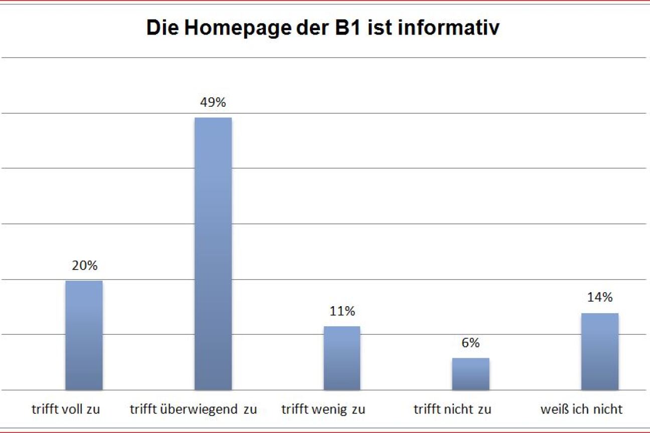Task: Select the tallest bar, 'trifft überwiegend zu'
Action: [213, 254]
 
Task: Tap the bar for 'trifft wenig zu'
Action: [342, 358]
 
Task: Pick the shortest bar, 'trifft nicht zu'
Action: [470, 373]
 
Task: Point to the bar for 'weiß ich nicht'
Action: [599, 351]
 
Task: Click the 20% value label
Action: [84, 266]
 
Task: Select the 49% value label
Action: [213, 103]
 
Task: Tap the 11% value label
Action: [342, 311]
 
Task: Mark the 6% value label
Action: [470, 343]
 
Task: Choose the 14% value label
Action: [600, 297]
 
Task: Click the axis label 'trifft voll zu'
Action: [66, 409]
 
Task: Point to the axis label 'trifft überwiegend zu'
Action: [193, 409]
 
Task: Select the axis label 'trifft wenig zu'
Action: [323, 409]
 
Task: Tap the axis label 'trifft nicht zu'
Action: [452, 409]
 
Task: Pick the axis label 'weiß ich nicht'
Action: [581, 409]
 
